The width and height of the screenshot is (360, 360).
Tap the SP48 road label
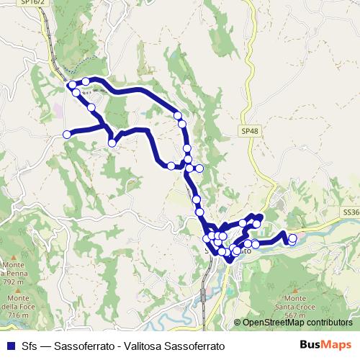click(x=246, y=131)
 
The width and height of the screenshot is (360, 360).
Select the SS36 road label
click(x=351, y=212)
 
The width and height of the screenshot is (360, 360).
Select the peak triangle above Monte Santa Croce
click(x=294, y=288)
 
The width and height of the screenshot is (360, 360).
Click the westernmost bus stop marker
click(x=67, y=134)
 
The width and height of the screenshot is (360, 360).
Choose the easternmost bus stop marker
click(x=292, y=238)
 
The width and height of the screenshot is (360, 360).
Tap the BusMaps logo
click(x=330, y=345)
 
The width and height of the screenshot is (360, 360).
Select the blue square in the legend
click(x=10, y=346)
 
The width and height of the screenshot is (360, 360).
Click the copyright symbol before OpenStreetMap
click(x=238, y=323)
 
